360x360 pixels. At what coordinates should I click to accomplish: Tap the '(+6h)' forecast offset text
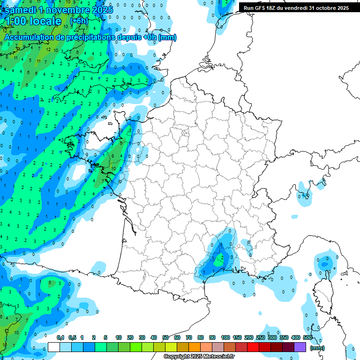pos(79,21)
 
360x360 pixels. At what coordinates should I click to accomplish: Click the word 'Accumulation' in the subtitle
pos(26,37)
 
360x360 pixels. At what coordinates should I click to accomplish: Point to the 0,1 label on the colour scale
pos(60,337)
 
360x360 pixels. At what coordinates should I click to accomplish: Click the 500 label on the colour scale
pos(307,337)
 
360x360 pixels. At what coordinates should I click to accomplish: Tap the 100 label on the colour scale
pos(225,337)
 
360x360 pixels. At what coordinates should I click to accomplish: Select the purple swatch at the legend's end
pos(300,347)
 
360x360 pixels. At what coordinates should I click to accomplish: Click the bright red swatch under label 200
pos(253,347)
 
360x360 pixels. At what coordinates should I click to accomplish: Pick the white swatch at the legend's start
pos(54,347)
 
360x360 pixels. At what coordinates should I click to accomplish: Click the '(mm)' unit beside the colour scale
pos(317,348)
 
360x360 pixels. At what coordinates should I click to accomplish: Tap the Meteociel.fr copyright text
pos(199,357)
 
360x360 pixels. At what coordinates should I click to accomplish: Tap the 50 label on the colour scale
pos(165,337)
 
